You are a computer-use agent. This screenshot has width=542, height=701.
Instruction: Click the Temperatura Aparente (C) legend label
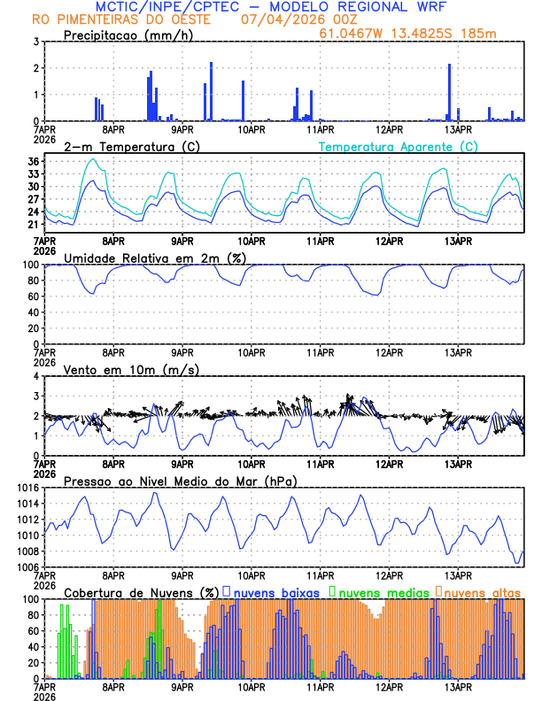point(399,146)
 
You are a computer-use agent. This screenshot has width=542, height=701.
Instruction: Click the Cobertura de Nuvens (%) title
point(142,592)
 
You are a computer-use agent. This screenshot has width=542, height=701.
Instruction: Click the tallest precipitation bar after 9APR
point(211,91)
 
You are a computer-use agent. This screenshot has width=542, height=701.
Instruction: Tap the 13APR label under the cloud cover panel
point(457,686)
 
